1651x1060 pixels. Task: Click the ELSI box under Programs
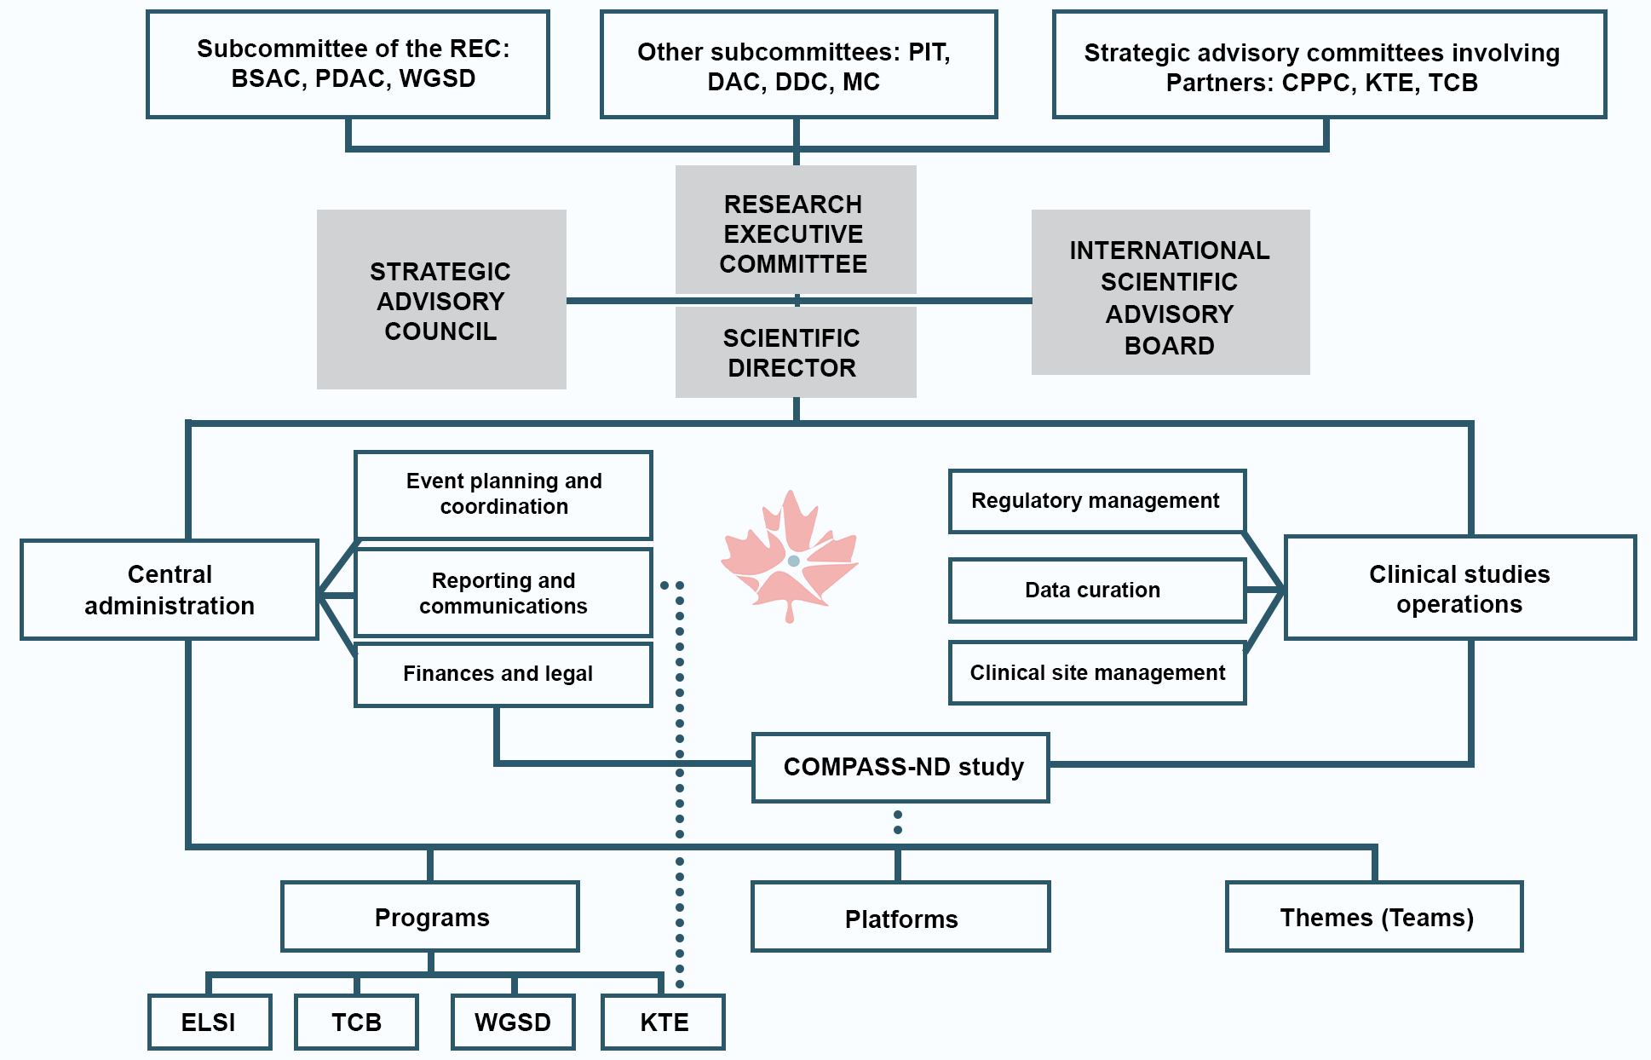210,1022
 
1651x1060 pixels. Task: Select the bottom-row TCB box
356,1022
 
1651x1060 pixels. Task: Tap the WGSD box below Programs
513,1022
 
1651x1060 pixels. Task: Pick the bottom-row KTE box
664,1022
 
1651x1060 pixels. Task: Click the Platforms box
900,918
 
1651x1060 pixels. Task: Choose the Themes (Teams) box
1375,917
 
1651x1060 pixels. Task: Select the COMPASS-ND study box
901,767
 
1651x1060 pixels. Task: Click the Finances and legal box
503,674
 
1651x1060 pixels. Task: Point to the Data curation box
1097,590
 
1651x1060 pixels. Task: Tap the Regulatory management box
1097,501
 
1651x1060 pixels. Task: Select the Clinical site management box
1097,672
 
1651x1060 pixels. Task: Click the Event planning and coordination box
503,494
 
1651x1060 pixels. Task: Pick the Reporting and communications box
503,592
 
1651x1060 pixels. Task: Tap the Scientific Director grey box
795,353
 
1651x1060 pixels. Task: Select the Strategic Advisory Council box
441,300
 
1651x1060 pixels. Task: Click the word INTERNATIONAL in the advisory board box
1169,251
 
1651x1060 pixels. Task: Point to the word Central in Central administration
170,574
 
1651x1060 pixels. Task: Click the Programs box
430,917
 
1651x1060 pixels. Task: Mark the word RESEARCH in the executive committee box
792,205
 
